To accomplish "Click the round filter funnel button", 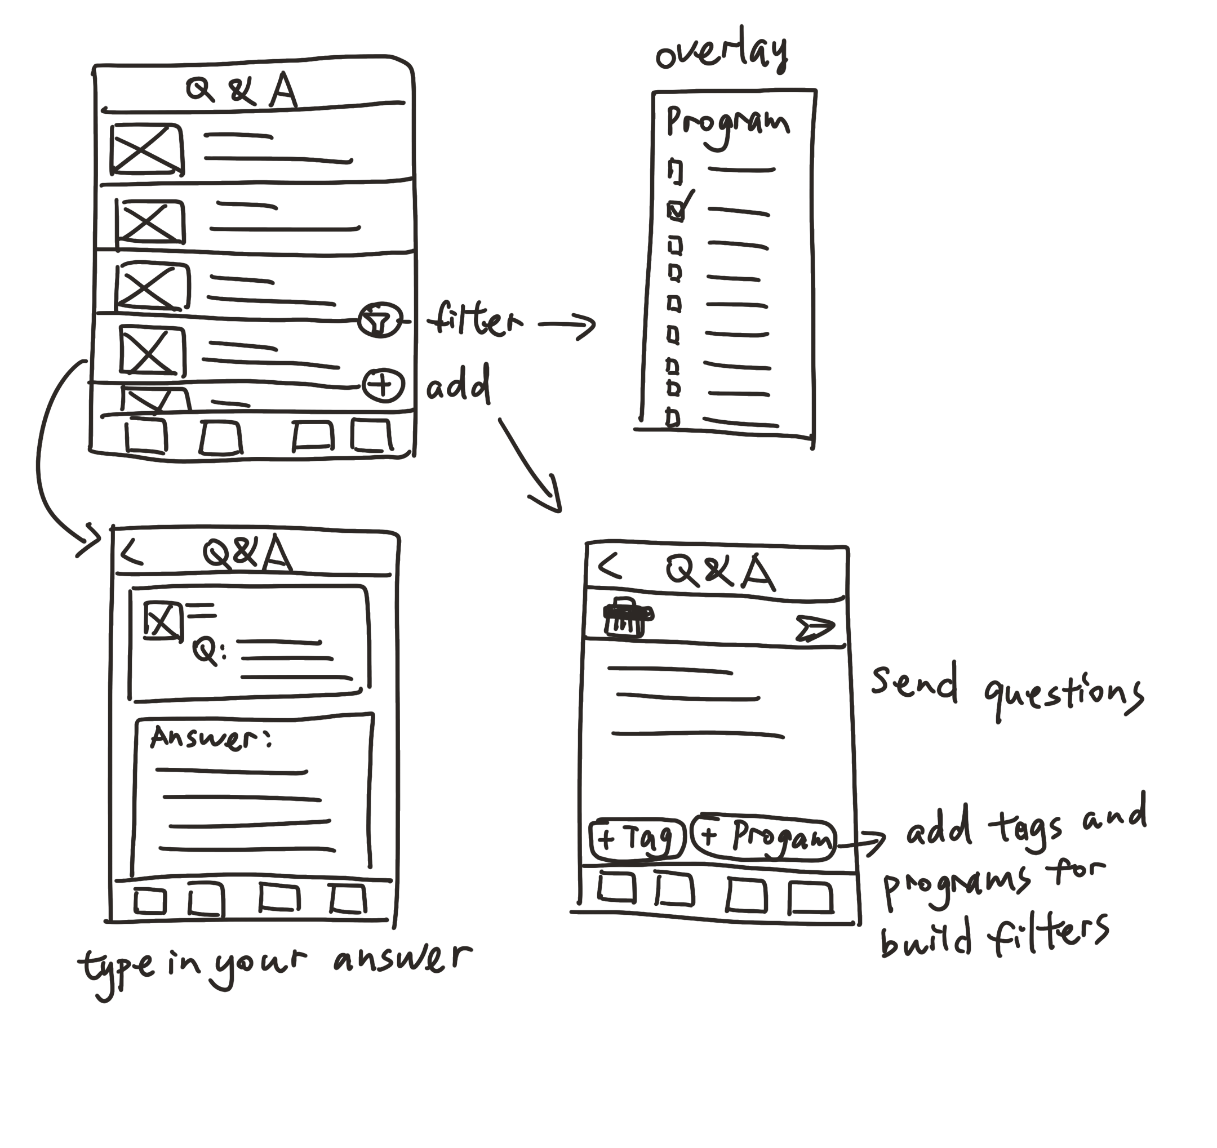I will (380, 320).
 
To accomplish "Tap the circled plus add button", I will (383, 385).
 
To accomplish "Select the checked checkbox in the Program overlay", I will (676, 211).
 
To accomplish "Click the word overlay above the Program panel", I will (722, 52).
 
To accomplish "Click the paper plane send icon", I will (815, 629).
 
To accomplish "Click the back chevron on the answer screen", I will (132, 553).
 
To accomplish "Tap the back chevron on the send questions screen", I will (609, 567).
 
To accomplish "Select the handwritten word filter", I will (475, 319).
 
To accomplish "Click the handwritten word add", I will (459, 385).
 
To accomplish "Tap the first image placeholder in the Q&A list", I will (147, 149).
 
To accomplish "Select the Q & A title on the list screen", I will (242, 91).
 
